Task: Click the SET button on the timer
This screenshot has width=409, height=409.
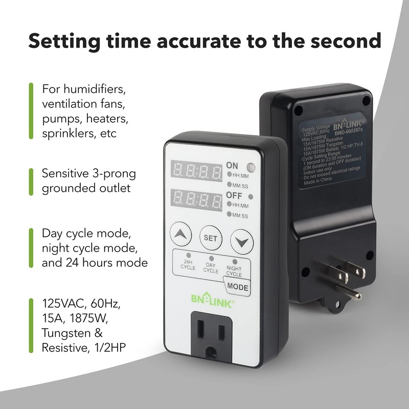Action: [210, 237]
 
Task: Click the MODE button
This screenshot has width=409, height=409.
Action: [238, 287]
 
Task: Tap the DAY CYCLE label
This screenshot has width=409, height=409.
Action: [210, 268]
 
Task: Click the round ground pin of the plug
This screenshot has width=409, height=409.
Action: [352, 294]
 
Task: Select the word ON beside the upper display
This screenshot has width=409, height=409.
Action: [232, 165]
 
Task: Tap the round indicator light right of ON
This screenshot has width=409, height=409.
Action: [251, 166]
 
